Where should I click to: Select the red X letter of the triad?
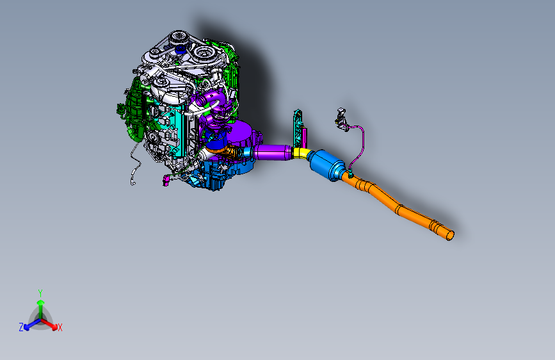[60, 327]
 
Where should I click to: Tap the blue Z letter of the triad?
[21, 327]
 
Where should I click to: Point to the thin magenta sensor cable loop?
[359, 144]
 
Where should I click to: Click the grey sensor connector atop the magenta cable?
[341, 118]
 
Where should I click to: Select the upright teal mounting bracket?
[298, 128]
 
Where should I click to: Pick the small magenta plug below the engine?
[166, 179]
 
